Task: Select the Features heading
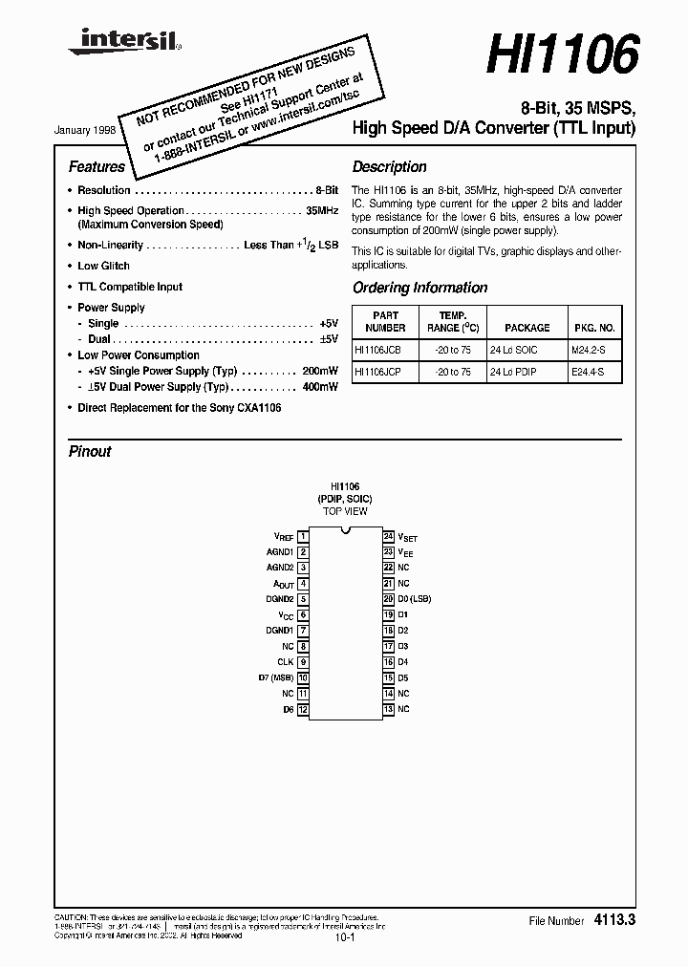97,166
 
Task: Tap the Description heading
389,166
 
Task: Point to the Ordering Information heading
419,288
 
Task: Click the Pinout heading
90,452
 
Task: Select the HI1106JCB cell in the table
377,349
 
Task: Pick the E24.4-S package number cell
589,372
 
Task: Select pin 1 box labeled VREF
303,537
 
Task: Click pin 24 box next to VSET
389,537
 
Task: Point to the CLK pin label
286,662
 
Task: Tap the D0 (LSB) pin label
415,599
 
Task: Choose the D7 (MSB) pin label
276,677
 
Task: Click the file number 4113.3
614,920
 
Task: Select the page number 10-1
344,939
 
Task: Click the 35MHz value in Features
321,211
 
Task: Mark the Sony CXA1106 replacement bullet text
179,408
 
